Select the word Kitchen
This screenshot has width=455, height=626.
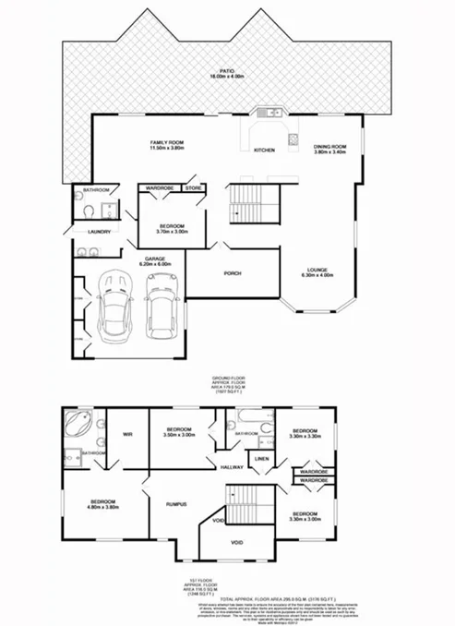tap(265, 150)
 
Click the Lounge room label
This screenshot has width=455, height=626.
tap(316, 271)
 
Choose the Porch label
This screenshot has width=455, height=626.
tap(233, 274)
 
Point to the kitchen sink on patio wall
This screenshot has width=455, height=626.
tap(269, 114)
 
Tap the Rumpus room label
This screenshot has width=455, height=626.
tap(176, 503)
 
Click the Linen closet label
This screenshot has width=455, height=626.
tap(261, 459)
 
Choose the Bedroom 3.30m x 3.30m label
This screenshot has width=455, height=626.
tap(303, 434)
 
